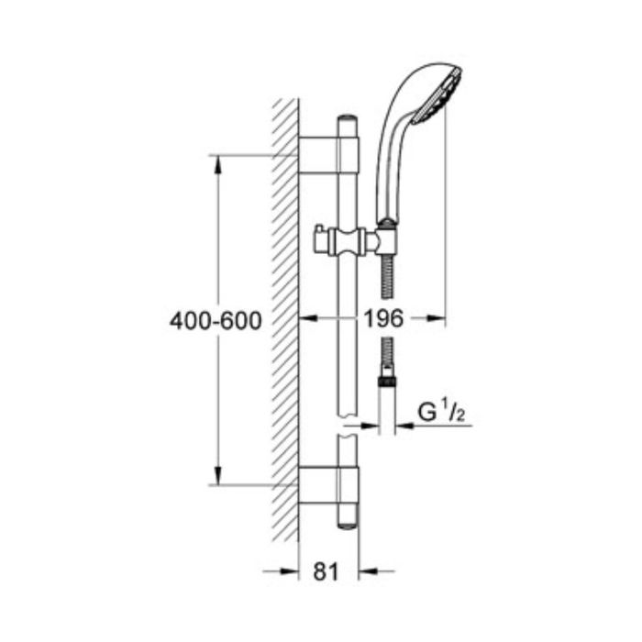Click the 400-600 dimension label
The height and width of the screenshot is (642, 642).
216,321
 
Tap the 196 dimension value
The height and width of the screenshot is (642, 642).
383,318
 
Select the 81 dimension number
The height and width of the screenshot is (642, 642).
326,571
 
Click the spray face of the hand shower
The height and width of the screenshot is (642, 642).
437,96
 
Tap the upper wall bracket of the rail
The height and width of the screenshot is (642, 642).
328,155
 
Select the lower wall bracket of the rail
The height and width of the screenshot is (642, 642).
328,484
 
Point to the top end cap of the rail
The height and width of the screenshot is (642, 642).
348,118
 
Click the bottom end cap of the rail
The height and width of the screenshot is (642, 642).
348,526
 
